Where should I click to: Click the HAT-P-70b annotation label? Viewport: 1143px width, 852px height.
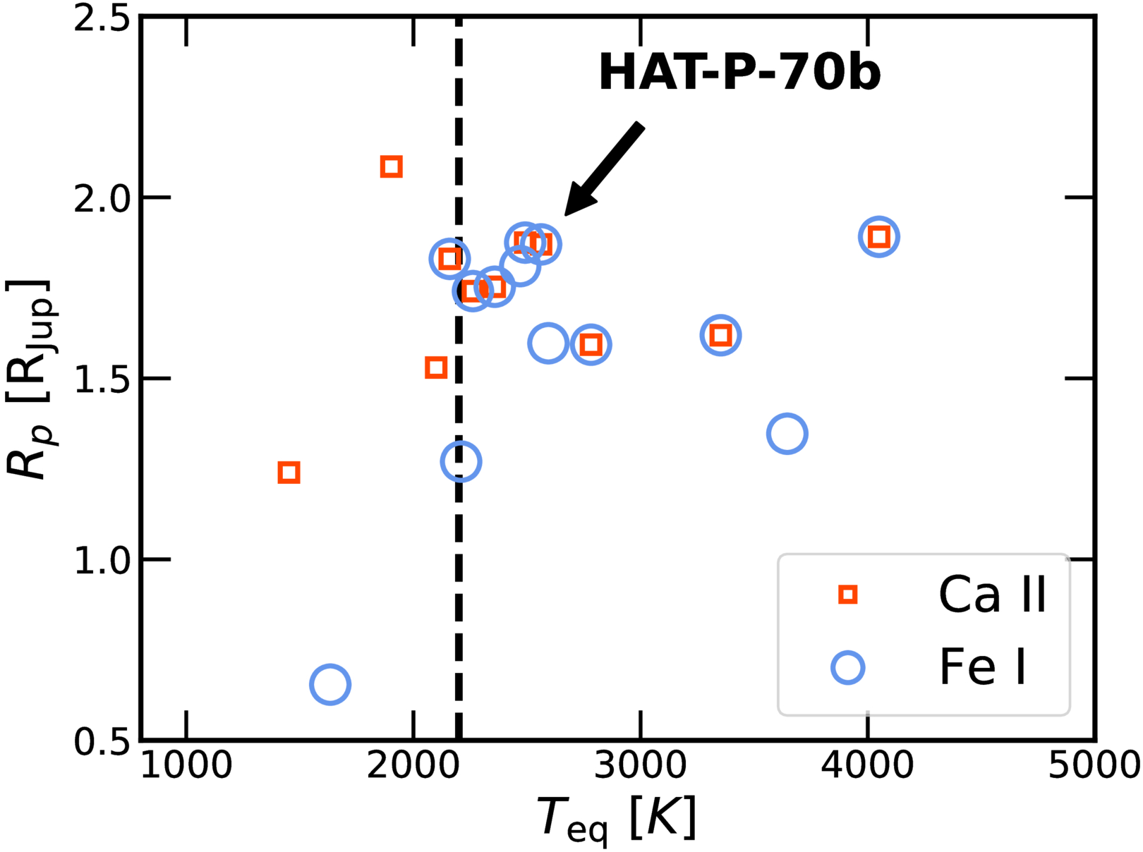739,72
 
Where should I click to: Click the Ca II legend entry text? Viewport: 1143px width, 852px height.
992,594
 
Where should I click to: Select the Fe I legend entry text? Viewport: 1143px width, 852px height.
982,667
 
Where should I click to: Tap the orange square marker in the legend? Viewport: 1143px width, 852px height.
847,595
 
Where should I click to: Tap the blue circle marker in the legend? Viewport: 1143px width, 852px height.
847,667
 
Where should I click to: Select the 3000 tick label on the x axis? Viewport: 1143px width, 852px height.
640,765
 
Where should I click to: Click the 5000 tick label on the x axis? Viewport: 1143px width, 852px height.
1094,765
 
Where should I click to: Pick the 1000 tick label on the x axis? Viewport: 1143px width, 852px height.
186,765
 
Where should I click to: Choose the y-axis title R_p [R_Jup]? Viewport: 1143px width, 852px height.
28,379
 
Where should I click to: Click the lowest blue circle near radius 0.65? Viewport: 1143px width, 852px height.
329,683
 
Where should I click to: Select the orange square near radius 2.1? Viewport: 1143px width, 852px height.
391,166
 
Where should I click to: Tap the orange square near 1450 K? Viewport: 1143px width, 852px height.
289,472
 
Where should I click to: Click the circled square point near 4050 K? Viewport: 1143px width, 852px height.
878,237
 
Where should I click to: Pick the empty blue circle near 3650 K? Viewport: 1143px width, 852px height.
786,433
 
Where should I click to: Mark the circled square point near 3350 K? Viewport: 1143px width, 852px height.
720,335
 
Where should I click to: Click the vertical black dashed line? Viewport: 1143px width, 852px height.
459,600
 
